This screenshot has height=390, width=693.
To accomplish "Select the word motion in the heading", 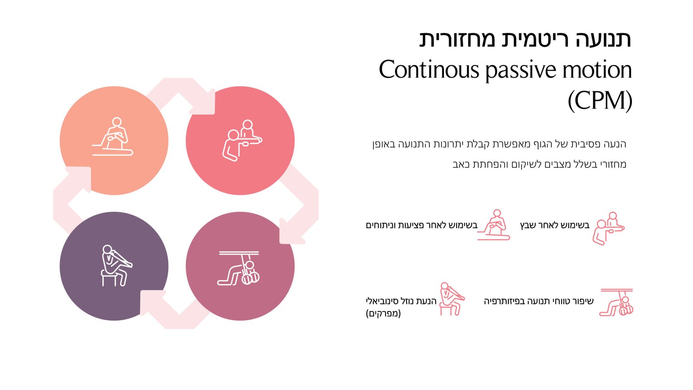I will (x=597, y=70).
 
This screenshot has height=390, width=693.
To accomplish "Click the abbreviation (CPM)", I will (x=600, y=101).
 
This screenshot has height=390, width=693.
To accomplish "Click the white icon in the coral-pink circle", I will (x=241, y=140).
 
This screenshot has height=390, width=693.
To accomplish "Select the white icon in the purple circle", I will (x=114, y=265).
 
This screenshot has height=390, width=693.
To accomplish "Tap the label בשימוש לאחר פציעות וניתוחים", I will (x=421, y=225).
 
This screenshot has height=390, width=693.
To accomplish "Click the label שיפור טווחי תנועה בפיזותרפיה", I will (x=538, y=301).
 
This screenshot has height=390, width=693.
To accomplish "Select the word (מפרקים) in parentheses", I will (x=383, y=313).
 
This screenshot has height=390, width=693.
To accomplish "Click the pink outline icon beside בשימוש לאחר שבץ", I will (x=608, y=228).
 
